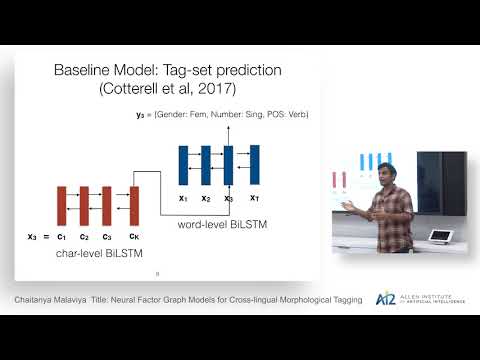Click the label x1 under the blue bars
click(182, 197)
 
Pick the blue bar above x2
click(205, 164)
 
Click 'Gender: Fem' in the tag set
click(192, 115)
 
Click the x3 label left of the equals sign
click(33, 237)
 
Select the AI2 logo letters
click(384, 298)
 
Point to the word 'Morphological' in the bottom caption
click(286, 299)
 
